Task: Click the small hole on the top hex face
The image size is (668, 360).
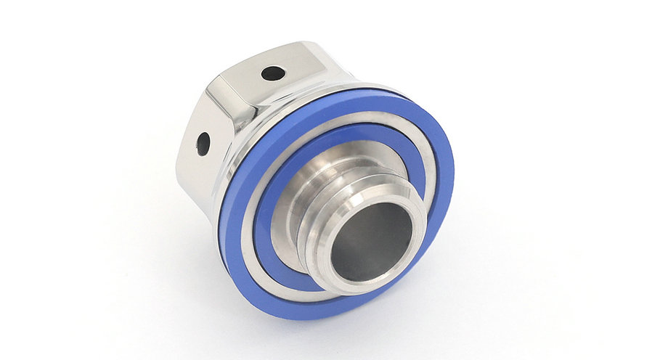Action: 273,73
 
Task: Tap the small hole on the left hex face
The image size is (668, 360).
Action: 203,143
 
